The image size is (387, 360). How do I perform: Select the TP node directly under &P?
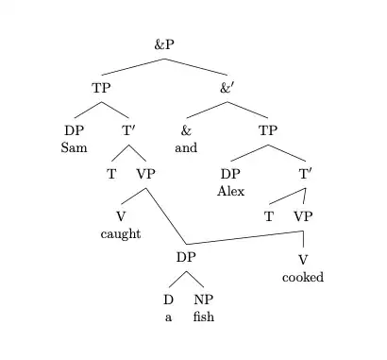pos(102,87)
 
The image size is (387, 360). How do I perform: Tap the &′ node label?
pos(227,87)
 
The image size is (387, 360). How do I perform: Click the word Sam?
pos(74,147)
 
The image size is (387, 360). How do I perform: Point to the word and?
pos(186,147)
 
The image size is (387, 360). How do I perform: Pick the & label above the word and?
pos(186,131)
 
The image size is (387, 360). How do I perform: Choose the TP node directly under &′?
pos(268,131)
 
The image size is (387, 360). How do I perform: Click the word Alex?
pos(230,191)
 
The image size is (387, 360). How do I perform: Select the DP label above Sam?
pos(74,131)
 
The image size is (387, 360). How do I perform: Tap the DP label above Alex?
pos(230,175)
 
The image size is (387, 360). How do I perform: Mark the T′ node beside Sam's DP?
pos(130,131)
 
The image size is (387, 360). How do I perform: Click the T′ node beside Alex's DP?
pos(306,175)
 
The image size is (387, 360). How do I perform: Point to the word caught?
pos(120,234)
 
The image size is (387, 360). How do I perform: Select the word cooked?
pos(303,277)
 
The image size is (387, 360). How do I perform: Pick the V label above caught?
pos(120,218)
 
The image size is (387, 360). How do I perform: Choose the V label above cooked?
pos(303,261)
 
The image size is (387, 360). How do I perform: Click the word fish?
pos(203,317)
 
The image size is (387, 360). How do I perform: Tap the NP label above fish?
pos(203,301)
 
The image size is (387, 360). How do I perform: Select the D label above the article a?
pos(168,301)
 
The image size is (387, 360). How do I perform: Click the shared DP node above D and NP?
pos(186,258)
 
